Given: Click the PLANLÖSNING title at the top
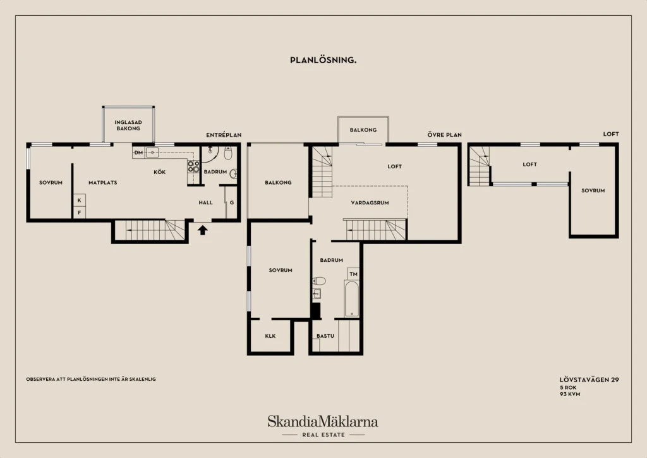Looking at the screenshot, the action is click(x=323, y=60).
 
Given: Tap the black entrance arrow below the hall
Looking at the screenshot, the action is click(x=202, y=230).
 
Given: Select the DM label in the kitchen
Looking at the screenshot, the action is click(x=138, y=153).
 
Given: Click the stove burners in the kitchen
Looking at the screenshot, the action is click(x=193, y=166).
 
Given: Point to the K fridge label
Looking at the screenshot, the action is click(x=79, y=201).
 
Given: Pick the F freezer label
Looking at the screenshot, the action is click(x=79, y=213).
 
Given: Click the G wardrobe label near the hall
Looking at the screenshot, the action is click(x=232, y=203).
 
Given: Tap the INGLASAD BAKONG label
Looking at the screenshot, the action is click(x=128, y=125).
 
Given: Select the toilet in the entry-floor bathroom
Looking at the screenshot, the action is click(x=228, y=154).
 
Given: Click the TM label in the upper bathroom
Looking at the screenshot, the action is click(x=353, y=274).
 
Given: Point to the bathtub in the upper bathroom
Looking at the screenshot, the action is click(x=351, y=298).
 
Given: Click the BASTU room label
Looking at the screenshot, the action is click(x=325, y=336).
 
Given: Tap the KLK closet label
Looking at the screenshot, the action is click(x=270, y=336).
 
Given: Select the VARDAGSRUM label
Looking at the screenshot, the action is click(x=370, y=203).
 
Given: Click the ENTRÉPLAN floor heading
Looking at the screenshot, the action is click(x=224, y=135).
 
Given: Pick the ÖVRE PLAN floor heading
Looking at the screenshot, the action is click(x=444, y=135).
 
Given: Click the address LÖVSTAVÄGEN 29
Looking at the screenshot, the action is click(x=590, y=380).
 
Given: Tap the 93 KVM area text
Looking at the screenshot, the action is click(x=570, y=394).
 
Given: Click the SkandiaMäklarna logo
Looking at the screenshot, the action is click(x=323, y=422).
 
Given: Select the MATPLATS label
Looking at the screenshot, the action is click(x=103, y=183).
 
